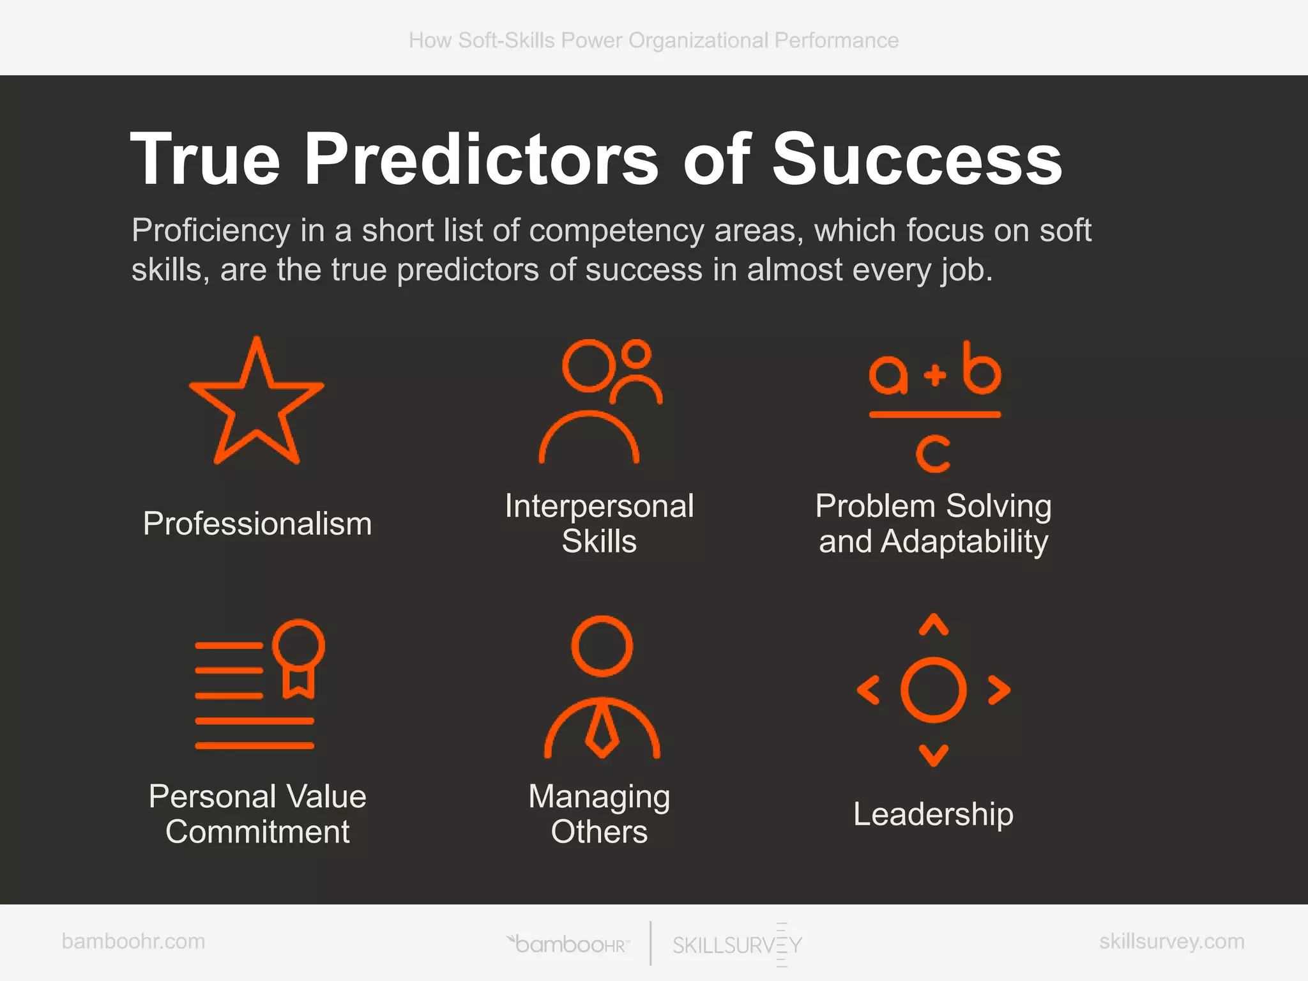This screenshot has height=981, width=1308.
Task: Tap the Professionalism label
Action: coord(257,524)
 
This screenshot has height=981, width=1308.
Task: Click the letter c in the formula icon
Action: coord(933,453)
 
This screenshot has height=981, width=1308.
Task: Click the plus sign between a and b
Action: coord(934,374)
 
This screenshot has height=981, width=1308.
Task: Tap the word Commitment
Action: coord(257,832)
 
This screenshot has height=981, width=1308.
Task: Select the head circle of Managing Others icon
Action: coord(602,646)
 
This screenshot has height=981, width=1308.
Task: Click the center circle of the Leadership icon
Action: coord(934,690)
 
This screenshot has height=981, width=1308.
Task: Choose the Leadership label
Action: coord(933,814)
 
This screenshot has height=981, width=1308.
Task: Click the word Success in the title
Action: coord(917,159)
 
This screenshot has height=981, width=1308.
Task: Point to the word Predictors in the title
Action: coord(482,159)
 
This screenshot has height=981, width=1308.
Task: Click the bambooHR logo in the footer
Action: coord(568,944)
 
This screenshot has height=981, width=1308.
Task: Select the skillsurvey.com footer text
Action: coord(1171,941)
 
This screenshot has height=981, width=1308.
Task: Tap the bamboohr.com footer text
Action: coord(133,941)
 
